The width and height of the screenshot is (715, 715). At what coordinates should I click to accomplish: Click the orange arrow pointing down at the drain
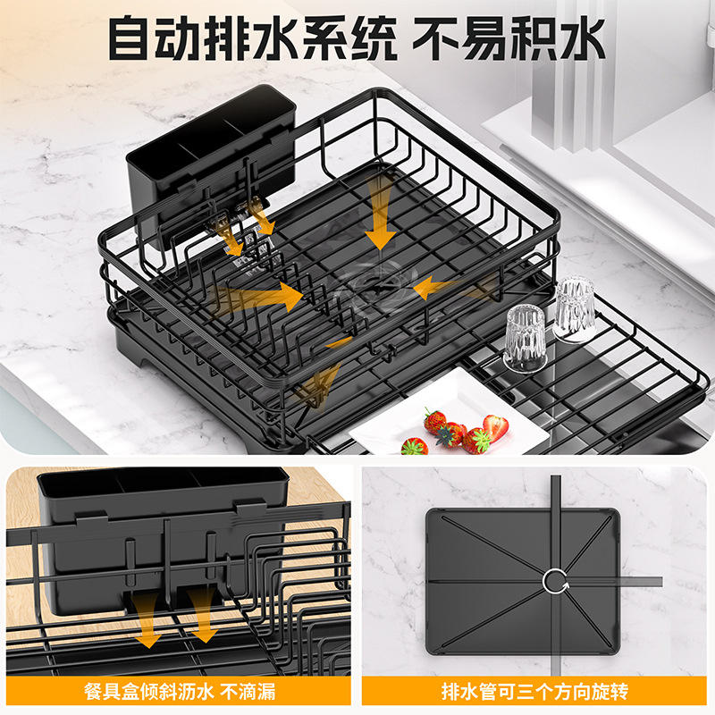[381, 214]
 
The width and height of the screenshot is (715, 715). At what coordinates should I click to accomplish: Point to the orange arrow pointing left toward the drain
[447, 287]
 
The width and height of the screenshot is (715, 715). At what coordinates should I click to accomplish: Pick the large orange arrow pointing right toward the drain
[264, 295]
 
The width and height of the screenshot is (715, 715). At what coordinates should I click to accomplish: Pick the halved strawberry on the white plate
[495, 427]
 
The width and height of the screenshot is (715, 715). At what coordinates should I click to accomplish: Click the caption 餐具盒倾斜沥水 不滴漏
[178, 691]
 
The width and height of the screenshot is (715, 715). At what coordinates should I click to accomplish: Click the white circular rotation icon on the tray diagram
[554, 582]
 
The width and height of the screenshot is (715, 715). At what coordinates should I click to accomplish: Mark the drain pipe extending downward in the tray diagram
[554, 635]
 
